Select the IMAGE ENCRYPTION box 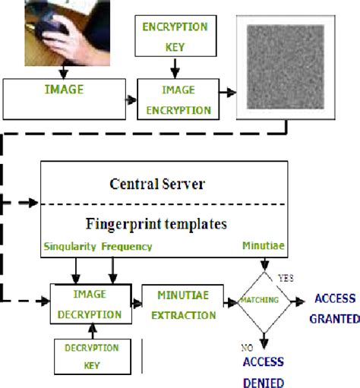pyautogui.click(x=175, y=99)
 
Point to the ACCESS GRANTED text pyautogui.click(x=335, y=308)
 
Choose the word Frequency pyautogui.click(x=127, y=248)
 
